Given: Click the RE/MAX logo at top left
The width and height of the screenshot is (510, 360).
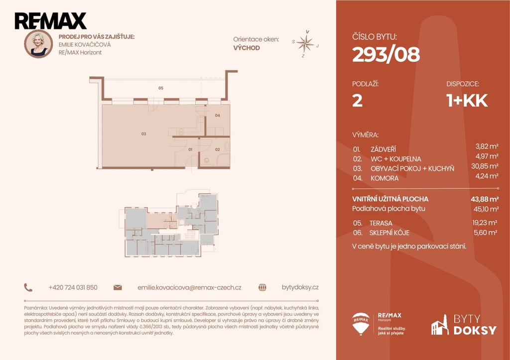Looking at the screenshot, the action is (50, 21).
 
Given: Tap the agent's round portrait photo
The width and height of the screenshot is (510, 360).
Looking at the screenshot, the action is (38, 44).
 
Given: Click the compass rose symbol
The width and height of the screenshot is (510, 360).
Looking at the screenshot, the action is (305, 44).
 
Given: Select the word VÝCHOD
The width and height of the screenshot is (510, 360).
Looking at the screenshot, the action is (247, 48).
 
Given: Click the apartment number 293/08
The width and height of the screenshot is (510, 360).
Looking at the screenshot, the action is (386, 54).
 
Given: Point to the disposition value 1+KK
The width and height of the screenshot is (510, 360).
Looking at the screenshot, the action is (467, 101).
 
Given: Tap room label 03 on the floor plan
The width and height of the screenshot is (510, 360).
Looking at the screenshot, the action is (143, 133).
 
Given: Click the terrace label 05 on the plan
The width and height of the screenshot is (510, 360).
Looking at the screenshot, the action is (161, 88).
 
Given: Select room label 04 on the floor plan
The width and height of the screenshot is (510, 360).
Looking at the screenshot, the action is (217, 115).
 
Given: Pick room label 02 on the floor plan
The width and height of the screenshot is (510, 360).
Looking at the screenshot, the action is (217, 149).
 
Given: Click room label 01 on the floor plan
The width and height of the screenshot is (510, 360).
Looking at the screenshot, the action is (190, 149).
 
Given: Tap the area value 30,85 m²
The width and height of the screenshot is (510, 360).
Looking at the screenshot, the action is (485, 166).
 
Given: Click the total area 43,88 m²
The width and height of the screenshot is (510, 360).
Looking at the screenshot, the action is (485, 199).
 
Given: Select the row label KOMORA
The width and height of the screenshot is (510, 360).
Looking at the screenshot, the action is (384, 178).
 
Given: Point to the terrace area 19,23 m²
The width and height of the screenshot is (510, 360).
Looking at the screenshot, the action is (485, 223).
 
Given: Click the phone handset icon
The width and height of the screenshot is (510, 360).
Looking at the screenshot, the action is (28, 287).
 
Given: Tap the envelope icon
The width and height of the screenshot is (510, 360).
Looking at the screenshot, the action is (118, 287).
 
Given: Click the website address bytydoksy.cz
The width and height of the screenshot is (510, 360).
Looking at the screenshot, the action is (300, 287).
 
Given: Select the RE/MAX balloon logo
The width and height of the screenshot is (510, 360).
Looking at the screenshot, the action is (361, 324).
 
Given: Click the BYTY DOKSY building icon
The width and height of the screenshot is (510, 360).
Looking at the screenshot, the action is (440, 325).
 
